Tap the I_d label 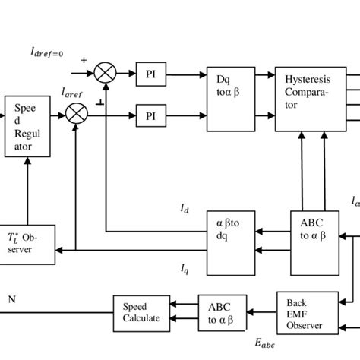point(185,207)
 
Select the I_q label point(185,267)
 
